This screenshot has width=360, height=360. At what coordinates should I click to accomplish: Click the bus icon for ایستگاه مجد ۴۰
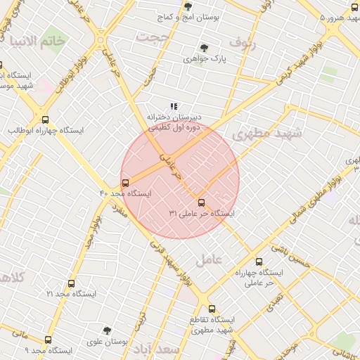125,182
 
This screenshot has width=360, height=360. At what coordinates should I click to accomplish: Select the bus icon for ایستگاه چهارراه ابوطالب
46,120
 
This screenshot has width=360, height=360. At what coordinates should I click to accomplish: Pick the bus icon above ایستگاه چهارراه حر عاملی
259,261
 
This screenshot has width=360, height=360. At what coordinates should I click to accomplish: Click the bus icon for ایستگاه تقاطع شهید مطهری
212,309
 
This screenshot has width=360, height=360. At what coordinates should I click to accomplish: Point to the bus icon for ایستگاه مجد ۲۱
71,283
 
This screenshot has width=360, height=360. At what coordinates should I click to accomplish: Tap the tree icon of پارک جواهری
204,48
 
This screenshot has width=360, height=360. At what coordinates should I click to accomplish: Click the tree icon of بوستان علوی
106,329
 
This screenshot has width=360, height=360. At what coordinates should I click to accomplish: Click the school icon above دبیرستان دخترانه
174,106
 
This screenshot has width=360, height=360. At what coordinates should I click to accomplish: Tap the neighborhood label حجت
155,36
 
